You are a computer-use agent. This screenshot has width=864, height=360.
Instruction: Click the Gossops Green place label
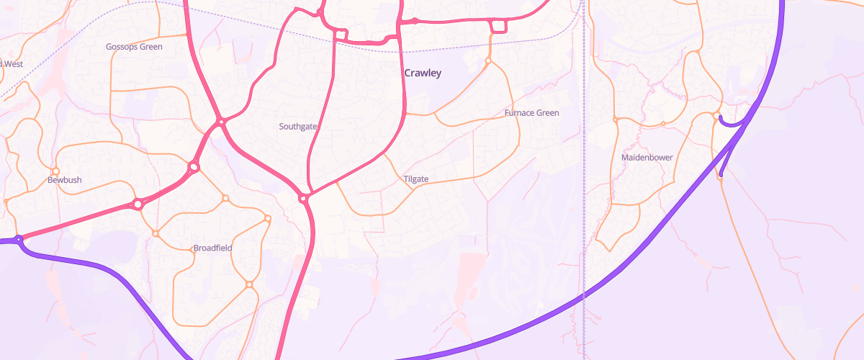click(x=134, y=47)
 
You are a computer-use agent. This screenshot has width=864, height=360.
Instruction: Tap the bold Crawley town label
click(x=423, y=73)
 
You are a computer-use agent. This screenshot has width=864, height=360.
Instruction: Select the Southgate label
click(x=298, y=126)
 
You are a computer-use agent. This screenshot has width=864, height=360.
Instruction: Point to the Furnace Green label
click(x=531, y=113)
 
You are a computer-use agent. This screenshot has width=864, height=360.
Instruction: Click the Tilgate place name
click(x=416, y=179)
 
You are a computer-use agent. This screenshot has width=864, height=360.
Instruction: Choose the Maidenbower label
click(x=646, y=157)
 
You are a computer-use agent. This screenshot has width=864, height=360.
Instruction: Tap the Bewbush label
click(x=65, y=179)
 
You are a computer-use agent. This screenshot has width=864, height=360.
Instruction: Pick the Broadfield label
click(x=212, y=248)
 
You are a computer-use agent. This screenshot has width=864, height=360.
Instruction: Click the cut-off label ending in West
click(x=12, y=64)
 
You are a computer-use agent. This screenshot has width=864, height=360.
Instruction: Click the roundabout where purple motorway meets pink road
click(x=19, y=238)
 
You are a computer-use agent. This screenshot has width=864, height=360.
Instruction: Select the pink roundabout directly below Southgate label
click(x=304, y=198)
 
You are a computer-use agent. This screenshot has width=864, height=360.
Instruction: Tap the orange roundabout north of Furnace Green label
click(x=488, y=61)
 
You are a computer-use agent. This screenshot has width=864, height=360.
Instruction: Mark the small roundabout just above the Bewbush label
click(x=55, y=171)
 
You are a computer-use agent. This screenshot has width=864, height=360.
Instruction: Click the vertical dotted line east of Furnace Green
click(x=585, y=144)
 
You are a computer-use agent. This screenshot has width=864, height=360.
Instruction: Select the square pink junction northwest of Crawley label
click(x=341, y=35)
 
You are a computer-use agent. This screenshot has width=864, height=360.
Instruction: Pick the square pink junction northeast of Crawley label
click(x=497, y=27)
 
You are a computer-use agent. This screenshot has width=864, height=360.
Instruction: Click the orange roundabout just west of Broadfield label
click(x=155, y=233)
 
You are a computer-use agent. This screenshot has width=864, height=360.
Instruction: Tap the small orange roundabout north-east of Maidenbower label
click(x=663, y=124)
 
